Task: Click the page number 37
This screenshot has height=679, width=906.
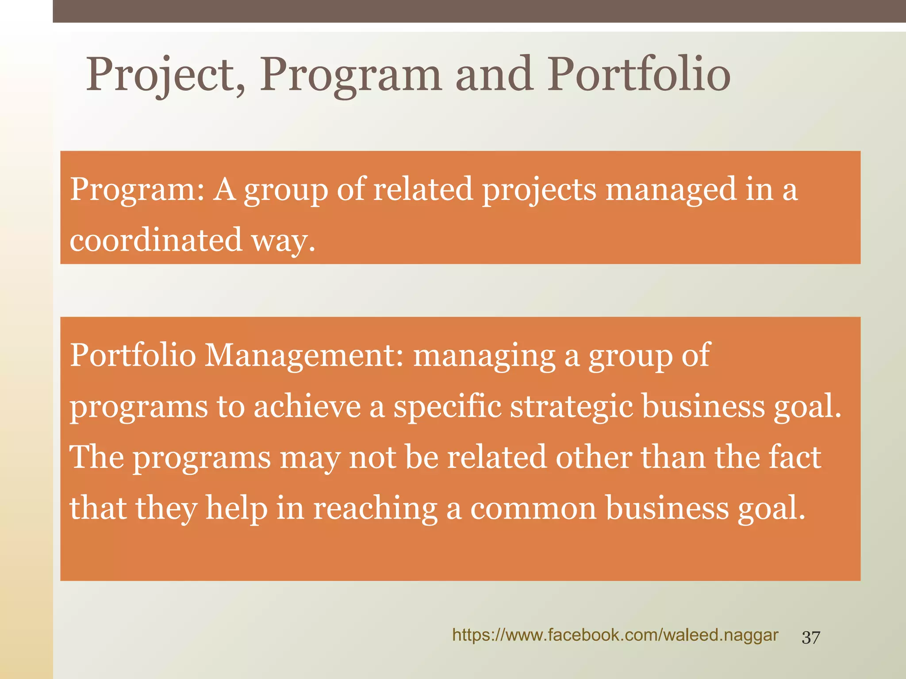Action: click(x=811, y=637)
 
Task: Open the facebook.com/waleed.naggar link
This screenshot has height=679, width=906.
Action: click(x=615, y=635)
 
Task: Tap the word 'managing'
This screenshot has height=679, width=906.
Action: click(x=484, y=356)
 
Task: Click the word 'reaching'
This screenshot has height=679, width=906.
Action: click(x=376, y=508)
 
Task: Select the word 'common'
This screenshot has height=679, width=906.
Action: click(x=533, y=508)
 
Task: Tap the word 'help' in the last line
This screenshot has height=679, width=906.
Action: click(x=237, y=508)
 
